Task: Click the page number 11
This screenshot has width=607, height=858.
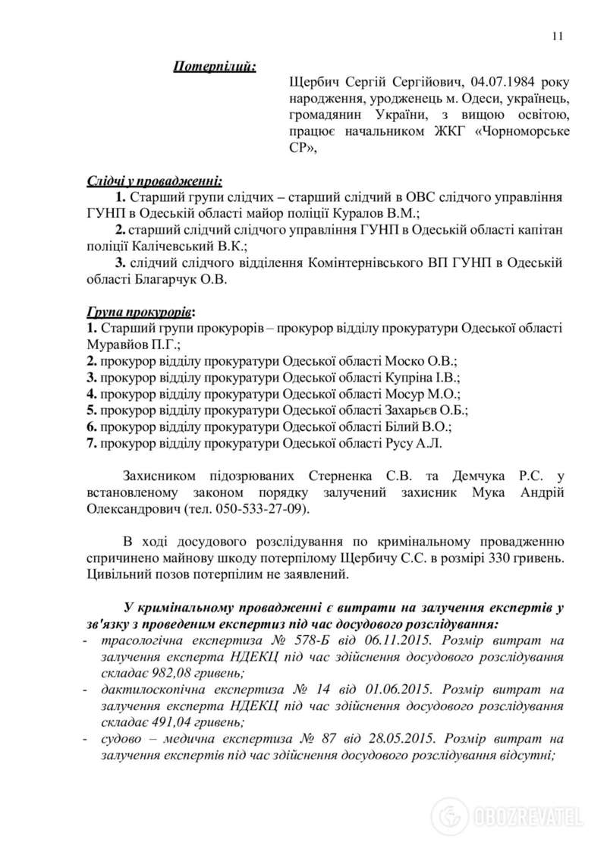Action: coord(558,35)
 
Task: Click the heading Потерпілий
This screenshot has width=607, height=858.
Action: coord(215,66)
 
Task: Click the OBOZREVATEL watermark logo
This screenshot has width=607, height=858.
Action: coord(508,816)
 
